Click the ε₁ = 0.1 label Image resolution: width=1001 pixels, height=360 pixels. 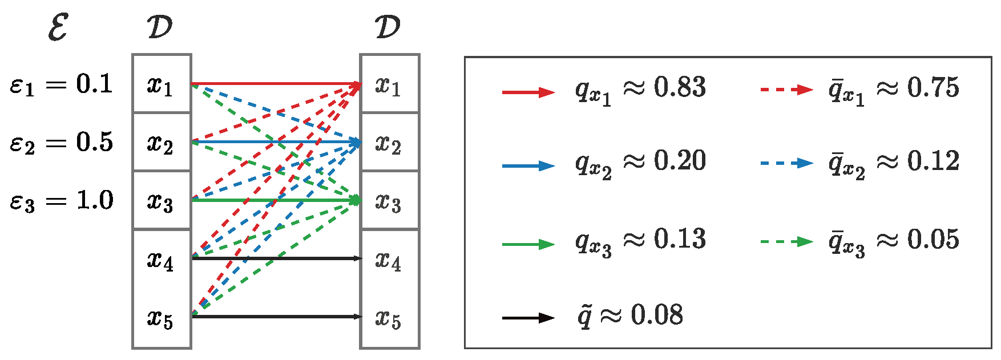tap(61, 85)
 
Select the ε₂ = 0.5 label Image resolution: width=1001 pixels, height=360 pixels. tap(61, 143)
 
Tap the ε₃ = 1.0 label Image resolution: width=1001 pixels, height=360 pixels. tap(61, 201)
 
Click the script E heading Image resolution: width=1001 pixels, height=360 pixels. tap(58, 27)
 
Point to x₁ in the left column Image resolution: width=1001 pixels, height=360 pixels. tap(160, 86)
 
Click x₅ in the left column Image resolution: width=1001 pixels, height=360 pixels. tap(160, 318)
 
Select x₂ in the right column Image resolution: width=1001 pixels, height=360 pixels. tap(388, 144)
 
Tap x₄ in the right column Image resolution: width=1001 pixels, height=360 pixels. tap(388, 260)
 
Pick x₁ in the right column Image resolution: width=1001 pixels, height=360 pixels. tap(388, 86)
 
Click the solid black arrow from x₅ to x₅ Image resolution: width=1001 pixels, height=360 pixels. tap(277, 317)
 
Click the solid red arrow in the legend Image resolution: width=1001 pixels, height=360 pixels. tap(528, 92)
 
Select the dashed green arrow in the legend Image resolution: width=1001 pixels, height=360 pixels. tap(786, 242)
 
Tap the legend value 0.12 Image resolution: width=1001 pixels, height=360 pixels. tap(933, 161)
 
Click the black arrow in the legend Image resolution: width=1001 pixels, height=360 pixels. tap(528, 318)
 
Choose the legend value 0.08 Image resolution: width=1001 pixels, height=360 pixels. tap(657, 315)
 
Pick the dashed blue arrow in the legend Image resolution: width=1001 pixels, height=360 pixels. tap(786, 164)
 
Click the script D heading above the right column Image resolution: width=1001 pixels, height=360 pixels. tap(388, 27)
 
